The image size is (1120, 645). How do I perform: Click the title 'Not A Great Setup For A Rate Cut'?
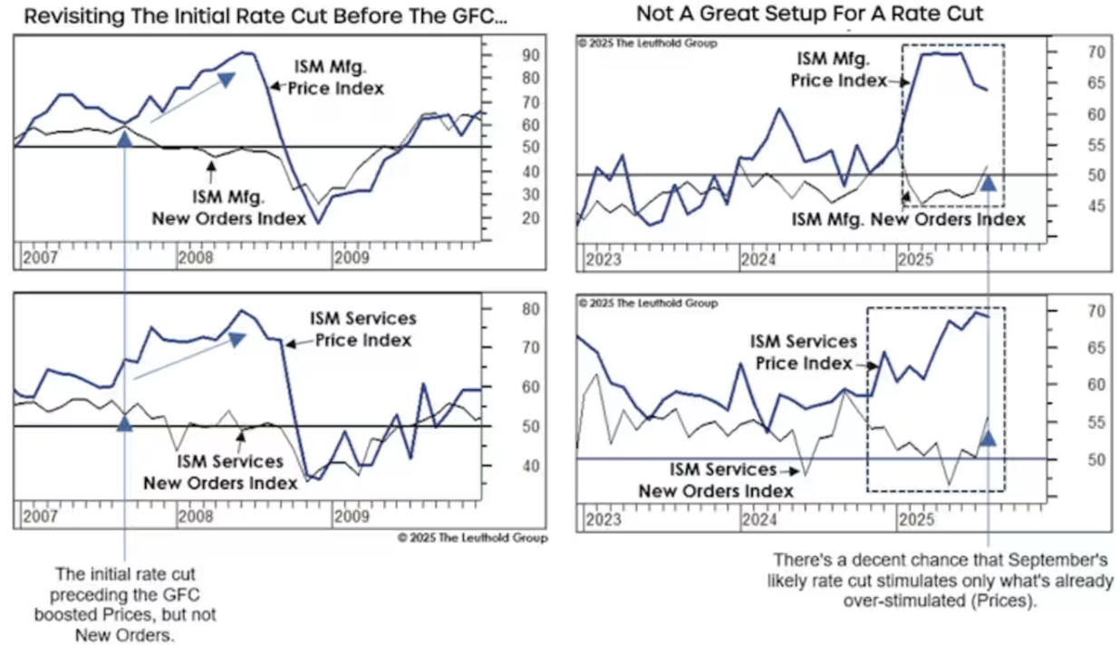pos(809,14)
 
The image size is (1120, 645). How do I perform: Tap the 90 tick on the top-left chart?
pos(505,55)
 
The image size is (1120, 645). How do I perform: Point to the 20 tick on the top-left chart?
pos(505,218)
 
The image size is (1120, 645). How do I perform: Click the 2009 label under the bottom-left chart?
pos(351,516)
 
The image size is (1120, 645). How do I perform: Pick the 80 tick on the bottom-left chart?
pos(505,309)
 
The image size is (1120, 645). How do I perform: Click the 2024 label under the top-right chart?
pos(759,261)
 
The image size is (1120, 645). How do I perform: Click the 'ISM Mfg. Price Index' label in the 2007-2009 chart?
pos(338,78)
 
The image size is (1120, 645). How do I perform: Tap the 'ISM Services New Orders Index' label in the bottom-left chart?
pos(237,473)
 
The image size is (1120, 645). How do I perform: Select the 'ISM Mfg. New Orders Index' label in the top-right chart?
pos(908,219)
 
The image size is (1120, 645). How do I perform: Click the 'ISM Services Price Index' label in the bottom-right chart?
pos(803,352)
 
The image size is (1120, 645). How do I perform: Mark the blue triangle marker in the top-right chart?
pos(989,182)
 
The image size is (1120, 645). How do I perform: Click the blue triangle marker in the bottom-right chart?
pos(989,438)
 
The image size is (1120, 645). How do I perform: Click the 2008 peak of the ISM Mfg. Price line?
pos(246,53)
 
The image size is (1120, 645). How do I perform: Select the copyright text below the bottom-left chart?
pos(472,537)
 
